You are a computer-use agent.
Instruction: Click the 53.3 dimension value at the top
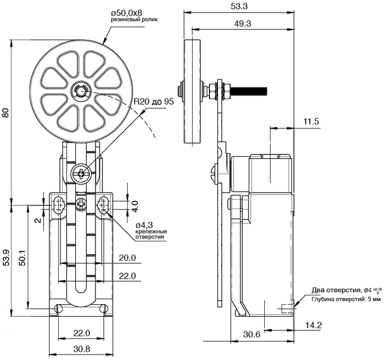pos(239,6)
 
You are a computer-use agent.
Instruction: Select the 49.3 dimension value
pos(242,24)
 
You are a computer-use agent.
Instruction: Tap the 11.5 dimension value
pos(311,122)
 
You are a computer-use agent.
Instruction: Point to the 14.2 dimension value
pos(313,325)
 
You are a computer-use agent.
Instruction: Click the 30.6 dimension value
pos(251,334)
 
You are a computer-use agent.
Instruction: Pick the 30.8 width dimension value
pos(82,348)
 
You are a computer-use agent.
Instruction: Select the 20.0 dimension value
pos(127,258)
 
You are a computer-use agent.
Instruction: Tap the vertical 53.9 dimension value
pos(7,257)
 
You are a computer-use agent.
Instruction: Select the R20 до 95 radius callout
pos(154,101)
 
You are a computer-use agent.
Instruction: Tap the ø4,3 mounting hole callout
pos(144,225)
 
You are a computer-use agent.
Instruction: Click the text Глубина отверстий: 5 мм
pos(346,300)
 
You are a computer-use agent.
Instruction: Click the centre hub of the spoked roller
pos(82,92)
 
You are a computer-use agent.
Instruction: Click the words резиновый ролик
pos(134,20)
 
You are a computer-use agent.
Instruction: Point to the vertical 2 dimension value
pos(38,220)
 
